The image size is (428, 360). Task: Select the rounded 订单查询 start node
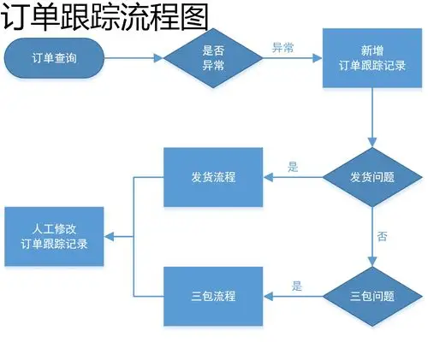click(54, 58)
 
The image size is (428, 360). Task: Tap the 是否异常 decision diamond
click(213, 58)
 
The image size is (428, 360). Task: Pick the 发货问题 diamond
click(373, 178)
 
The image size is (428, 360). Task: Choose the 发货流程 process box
click(213, 178)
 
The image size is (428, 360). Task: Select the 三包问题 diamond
click(373, 297)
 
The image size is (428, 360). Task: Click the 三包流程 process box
click(213, 297)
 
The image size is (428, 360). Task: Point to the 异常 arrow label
click(282, 48)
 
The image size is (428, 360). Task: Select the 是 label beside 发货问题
click(294, 168)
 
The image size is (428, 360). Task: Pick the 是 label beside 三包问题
click(297, 286)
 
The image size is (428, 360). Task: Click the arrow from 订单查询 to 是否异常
click(134, 58)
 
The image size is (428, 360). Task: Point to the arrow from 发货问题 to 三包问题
click(373, 248)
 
